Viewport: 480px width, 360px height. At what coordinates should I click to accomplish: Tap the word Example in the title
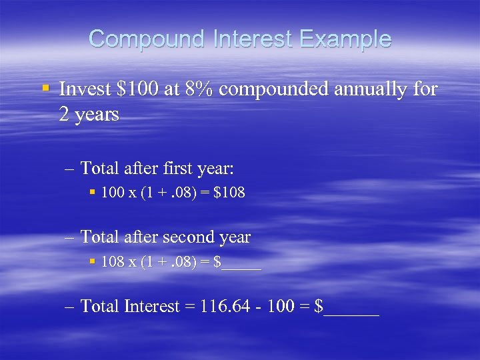click(x=347, y=39)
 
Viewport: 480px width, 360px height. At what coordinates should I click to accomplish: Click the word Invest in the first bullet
click(x=85, y=89)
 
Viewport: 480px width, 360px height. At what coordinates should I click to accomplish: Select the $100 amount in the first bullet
click(x=138, y=89)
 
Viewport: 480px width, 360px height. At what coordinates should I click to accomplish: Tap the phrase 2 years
click(x=89, y=115)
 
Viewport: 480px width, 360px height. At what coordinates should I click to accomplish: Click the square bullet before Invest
click(x=45, y=88)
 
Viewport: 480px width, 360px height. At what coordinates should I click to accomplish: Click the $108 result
click(x=232, y=193)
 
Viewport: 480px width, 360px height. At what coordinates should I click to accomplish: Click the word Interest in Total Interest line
click(x=153, y=306)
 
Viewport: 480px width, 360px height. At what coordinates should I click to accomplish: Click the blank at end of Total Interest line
click(x=351, y=308)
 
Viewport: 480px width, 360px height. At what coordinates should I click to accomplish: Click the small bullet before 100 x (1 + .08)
click(x=93, y=193)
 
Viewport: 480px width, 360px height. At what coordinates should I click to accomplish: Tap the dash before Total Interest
click(x=71, y=306)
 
